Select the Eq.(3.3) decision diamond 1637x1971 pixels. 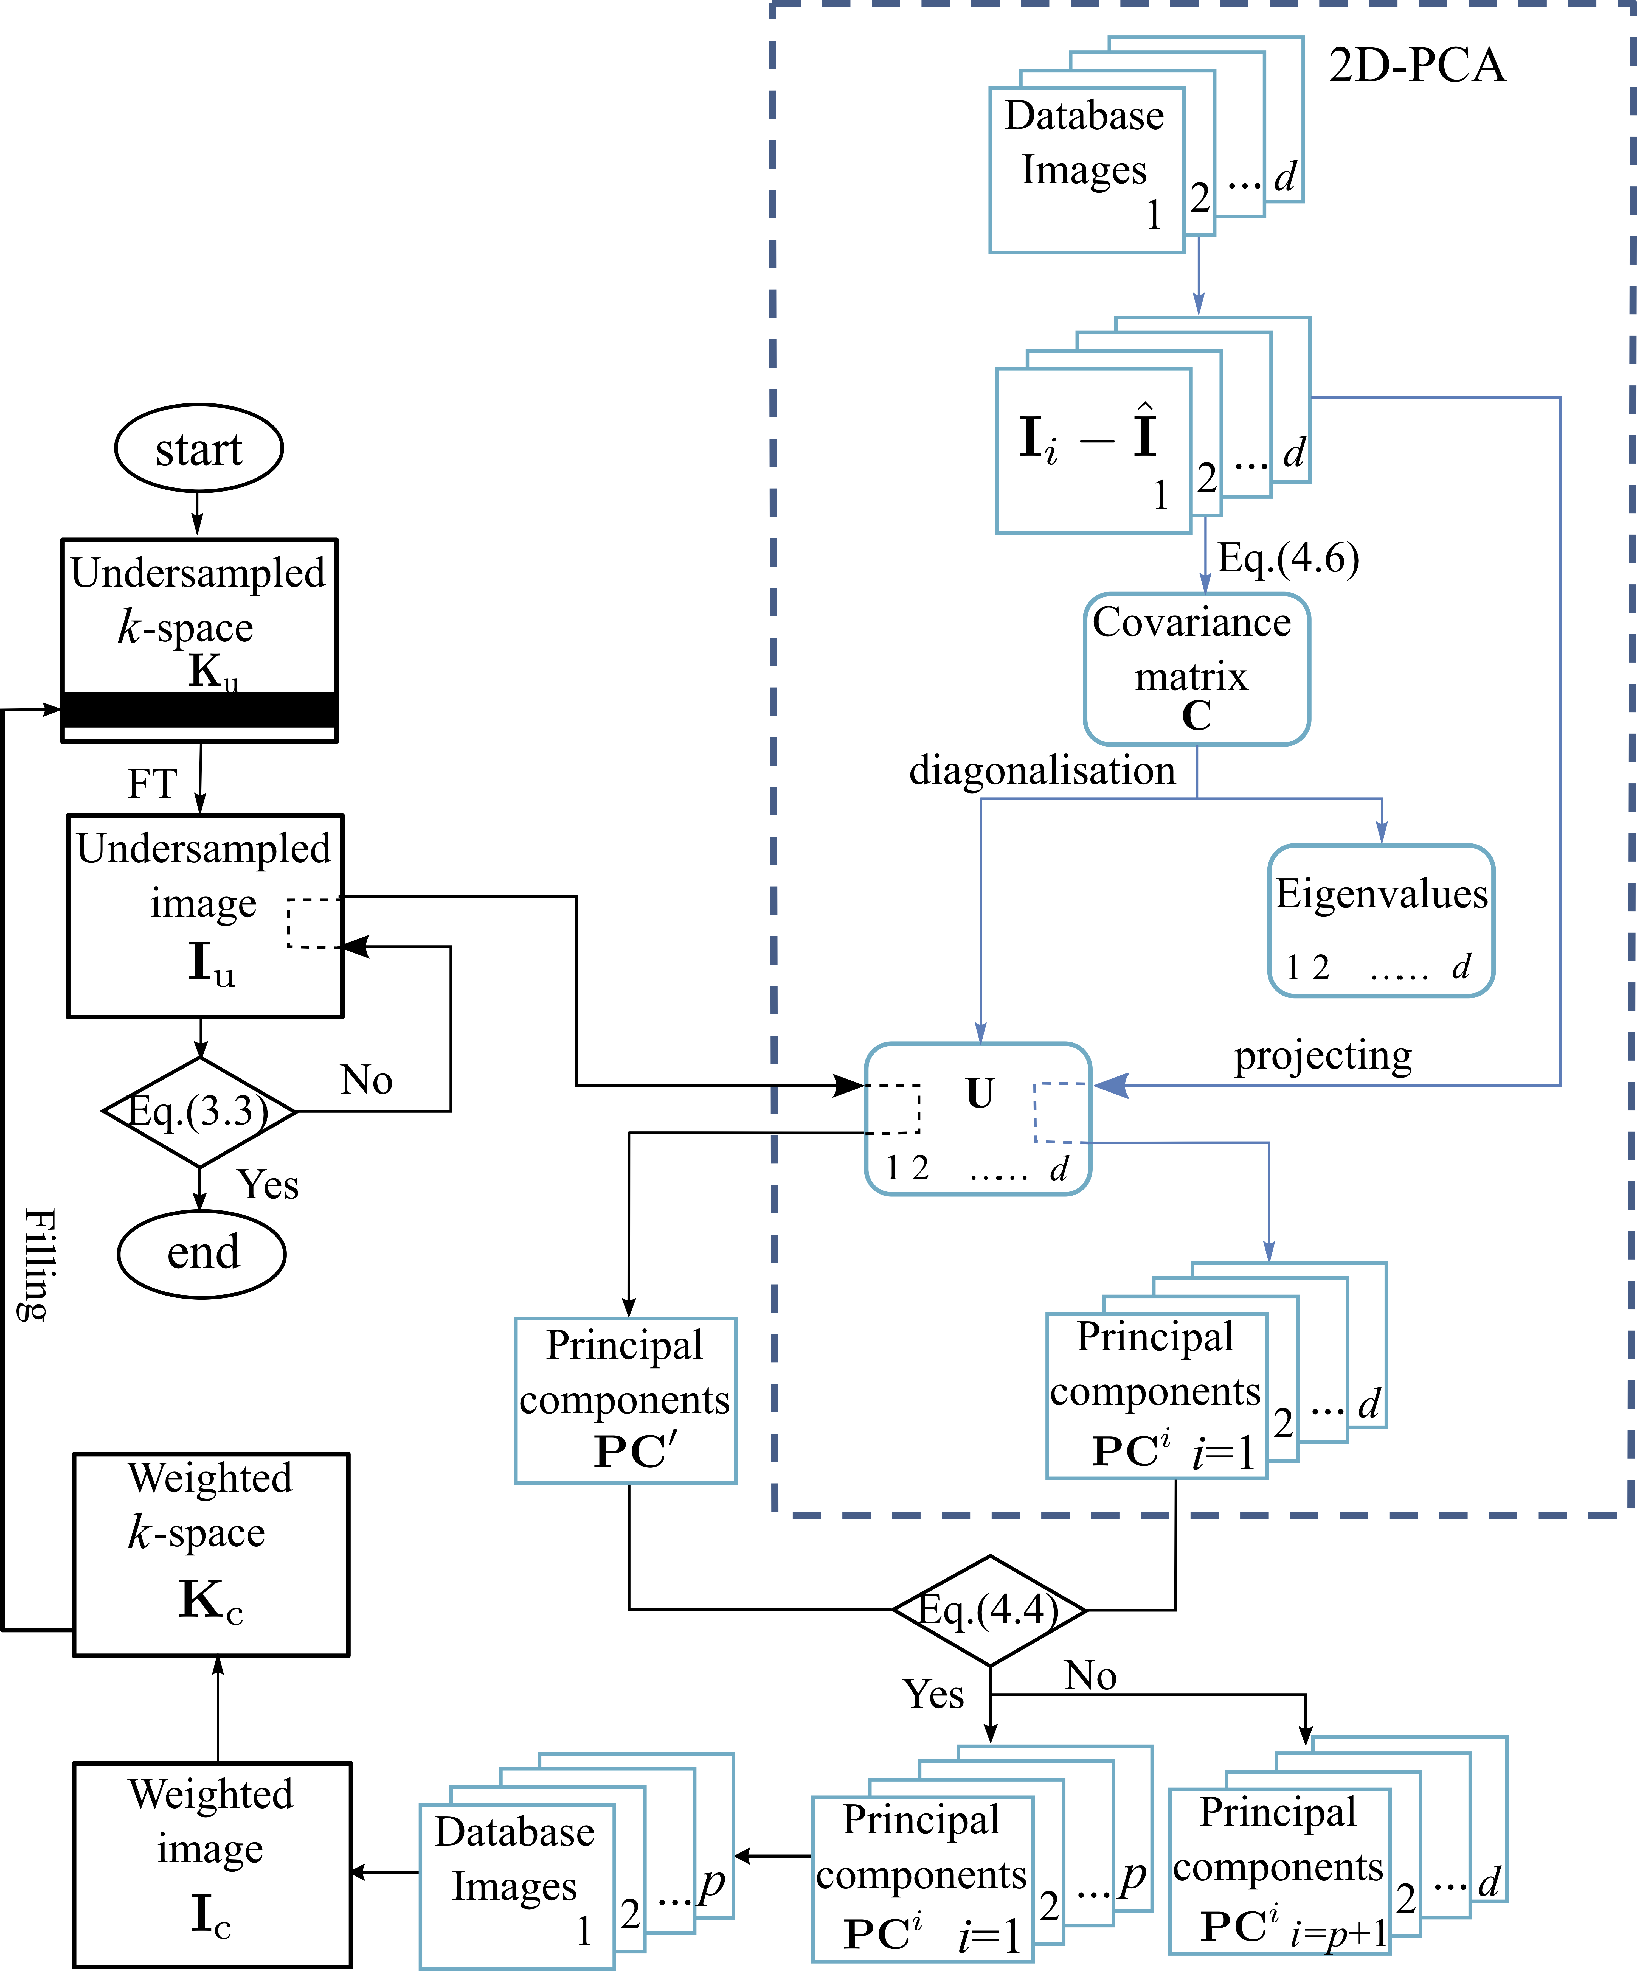(x=199, y=1112)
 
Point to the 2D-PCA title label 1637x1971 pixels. (x=1417, y=66)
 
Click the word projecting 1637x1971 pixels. (x=1323, y=1056)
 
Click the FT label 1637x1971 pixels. (x=152, y=784)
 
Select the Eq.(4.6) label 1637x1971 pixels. (x=1288, y=559)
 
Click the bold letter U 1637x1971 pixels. (x=979, y=1094)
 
